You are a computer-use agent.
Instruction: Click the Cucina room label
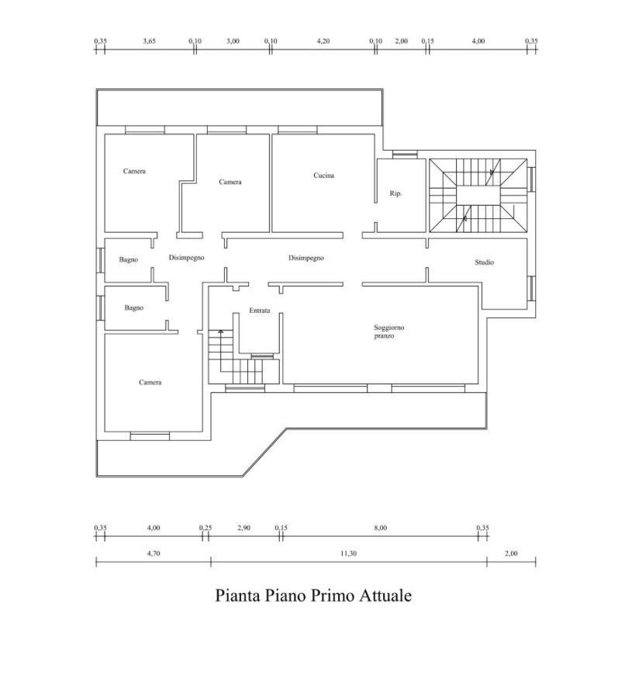pyautogui.click(x=323, y=175)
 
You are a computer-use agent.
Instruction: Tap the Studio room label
pyautogui.click(x=484, y=262)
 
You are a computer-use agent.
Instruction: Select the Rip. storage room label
pyautogui.click(x=395, y=193)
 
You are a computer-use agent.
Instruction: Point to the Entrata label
pyautogui.click(x=260, y=311)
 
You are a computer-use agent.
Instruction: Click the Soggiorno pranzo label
pyautogui.click(x=388, y=332)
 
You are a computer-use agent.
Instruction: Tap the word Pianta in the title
pyautogui.click(x=237, y=595)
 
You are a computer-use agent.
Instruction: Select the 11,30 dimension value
pyautogui.click(x=348, y=554)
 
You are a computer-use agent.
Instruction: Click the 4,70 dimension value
pyautogui.click(x=154, y=554)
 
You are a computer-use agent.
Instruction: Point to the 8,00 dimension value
pyautogui.click(x=381, y=528)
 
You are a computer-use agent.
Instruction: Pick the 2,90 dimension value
pyautogui.click(x=243, y=528)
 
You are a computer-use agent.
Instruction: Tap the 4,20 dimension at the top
pyautogui.click(x=323, y=41)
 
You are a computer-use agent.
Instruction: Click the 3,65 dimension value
pyautogui.click(x=149, y=41)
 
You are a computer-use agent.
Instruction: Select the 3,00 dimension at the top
pyautogui.click(x=233, y=41)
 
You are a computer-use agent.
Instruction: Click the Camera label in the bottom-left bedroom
pyautogui.click(x=150, y=382)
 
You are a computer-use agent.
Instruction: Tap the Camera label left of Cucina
pyautogui.click(x=230, y=182)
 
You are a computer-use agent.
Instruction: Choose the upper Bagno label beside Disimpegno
pyautogui.click(x=129, y=259)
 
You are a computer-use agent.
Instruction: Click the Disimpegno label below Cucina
pyautogui.click(x=306, y=258)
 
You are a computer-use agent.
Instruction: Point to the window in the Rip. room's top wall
pyautogui.click(x=405, y=154)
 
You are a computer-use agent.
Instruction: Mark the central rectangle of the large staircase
pyautogui.click(x=478, y=196)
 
